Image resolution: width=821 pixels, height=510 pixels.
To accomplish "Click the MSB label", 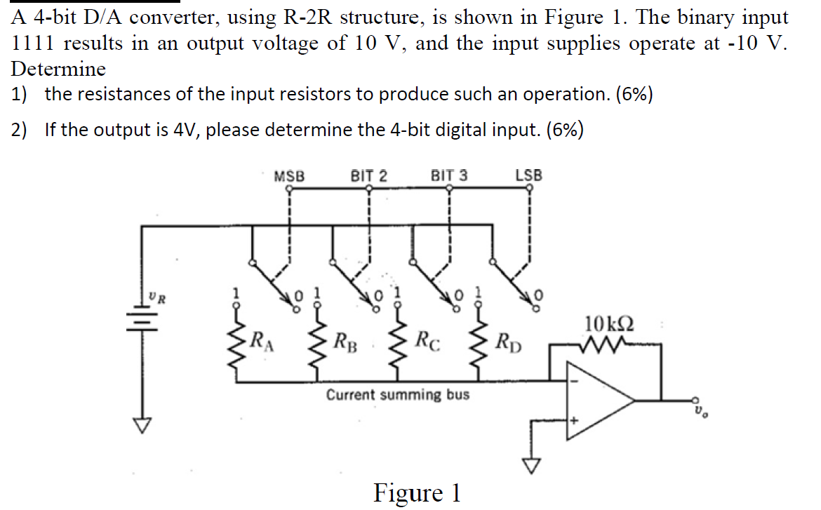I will pos(289,176).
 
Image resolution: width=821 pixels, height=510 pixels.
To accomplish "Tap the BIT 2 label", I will pos(368,176).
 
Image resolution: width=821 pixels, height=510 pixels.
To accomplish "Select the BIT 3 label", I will pos(448,176).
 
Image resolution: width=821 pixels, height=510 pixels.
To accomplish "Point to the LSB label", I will pos(528,176).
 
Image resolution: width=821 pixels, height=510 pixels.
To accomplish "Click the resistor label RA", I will pos(264,343).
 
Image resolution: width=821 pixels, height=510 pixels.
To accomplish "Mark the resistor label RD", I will pos(509,344).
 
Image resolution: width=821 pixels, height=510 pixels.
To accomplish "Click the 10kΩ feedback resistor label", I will pos(607,324).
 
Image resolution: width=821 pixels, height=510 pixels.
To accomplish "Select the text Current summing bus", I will pos(398,395).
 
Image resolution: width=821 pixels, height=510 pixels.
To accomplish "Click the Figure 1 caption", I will pos(417,493).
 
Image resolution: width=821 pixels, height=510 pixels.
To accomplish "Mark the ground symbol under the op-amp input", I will pos(531,464).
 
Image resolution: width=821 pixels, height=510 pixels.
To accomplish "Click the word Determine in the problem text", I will pos(58,69).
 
